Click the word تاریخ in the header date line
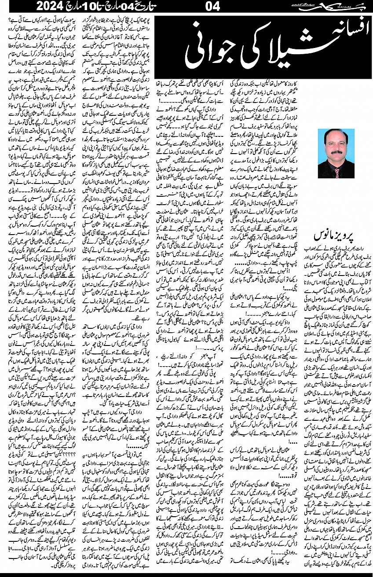(x=154, y=7)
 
